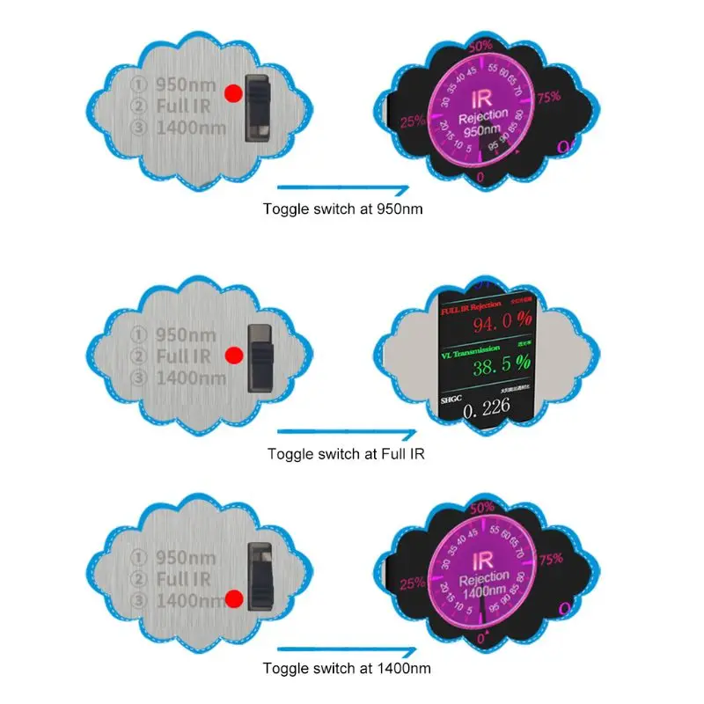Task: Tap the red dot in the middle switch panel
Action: (x=234, y=356)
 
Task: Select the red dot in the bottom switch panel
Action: (x=234, y=600)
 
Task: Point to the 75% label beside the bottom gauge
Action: (x=550, y=558)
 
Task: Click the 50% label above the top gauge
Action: (x=480, y=45)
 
